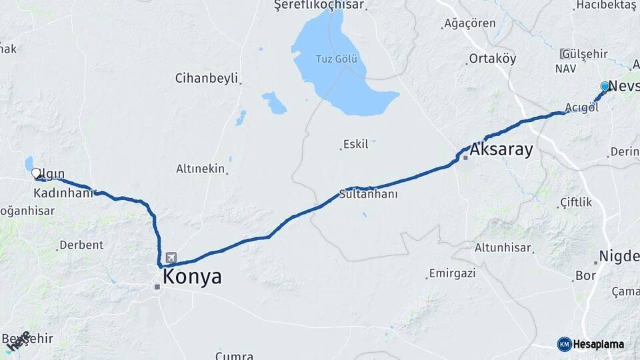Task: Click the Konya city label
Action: coord(192,277)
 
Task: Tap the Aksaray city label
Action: coord(501,149)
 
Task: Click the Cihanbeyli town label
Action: coord(206,78)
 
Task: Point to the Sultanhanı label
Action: coord(368,195)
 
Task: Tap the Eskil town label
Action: coord(355,144)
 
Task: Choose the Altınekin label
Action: coord(200,169)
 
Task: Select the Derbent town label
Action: coord(81,245)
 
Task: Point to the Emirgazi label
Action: coord(452,273)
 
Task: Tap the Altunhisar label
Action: coord(503,248)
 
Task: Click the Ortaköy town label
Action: coord(493,58)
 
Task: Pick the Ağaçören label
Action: coord(470,23)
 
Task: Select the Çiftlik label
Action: coord(576,201)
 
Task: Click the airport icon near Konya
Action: coord(171,257)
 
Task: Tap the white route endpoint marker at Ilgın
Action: coord(35,173)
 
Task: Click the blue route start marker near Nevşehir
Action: coord(605,86)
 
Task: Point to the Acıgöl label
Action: coord(581,108)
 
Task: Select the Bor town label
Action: coord(585,275)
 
